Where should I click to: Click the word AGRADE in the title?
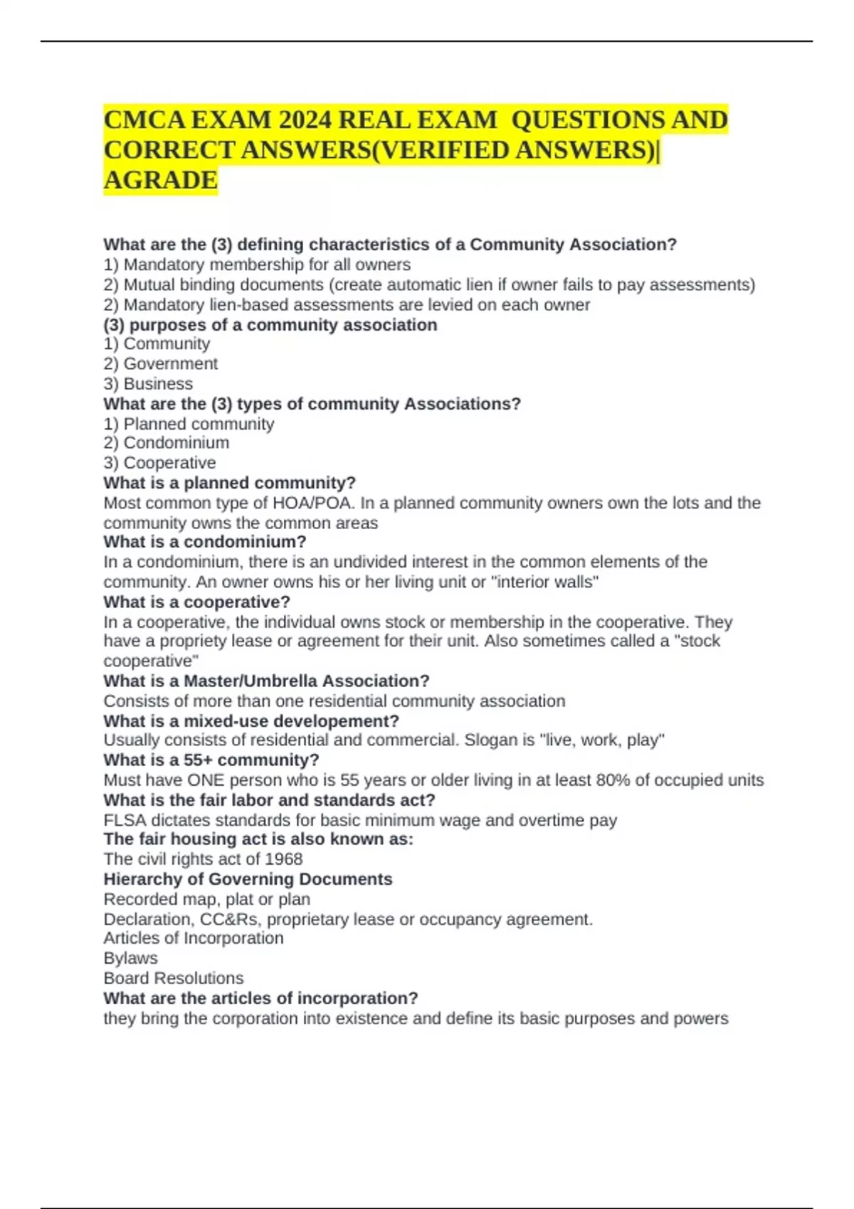click(160, 181)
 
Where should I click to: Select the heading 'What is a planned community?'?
click(229, 483)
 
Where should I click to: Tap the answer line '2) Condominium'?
click(167, 443)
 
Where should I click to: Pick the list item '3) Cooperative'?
click(159, 463)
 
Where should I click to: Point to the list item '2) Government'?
click(161, 364)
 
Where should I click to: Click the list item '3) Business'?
click(148, 384)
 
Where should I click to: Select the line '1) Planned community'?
click(189, 424)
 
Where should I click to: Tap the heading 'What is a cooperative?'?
click(196, 602)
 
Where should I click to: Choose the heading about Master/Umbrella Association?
click(266, 681)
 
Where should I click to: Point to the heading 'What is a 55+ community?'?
click(211, 760)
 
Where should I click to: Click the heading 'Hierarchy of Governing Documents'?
click(248, 879)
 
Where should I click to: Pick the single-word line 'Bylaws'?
click(130, 959)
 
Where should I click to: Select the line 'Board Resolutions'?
click(173, 979)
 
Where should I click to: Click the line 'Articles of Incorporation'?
click(193, 939)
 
